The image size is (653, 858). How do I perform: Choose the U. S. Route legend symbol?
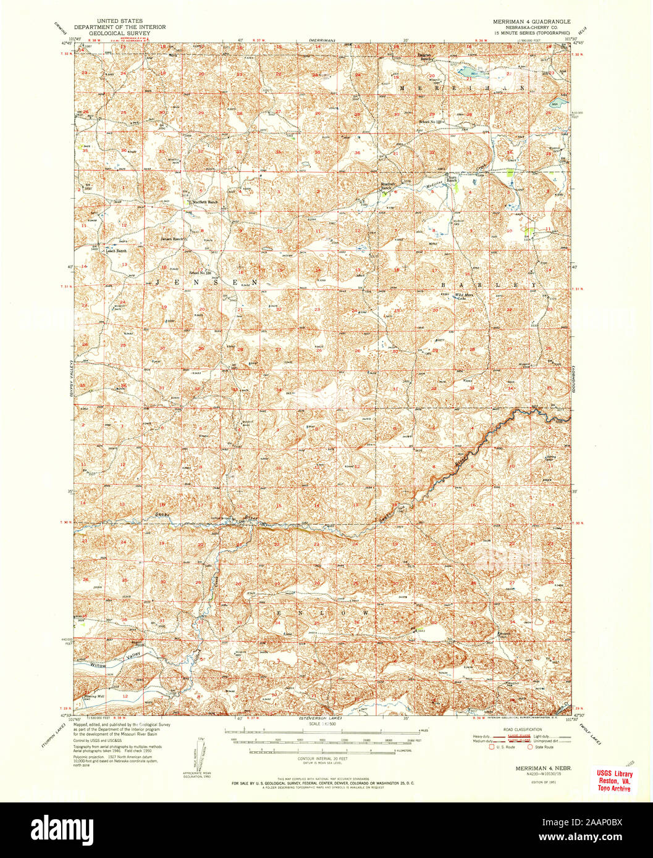pyautogui.click(x=492, y=746)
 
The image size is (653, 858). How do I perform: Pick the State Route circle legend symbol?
pyautogui.click(x=529, y=746)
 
